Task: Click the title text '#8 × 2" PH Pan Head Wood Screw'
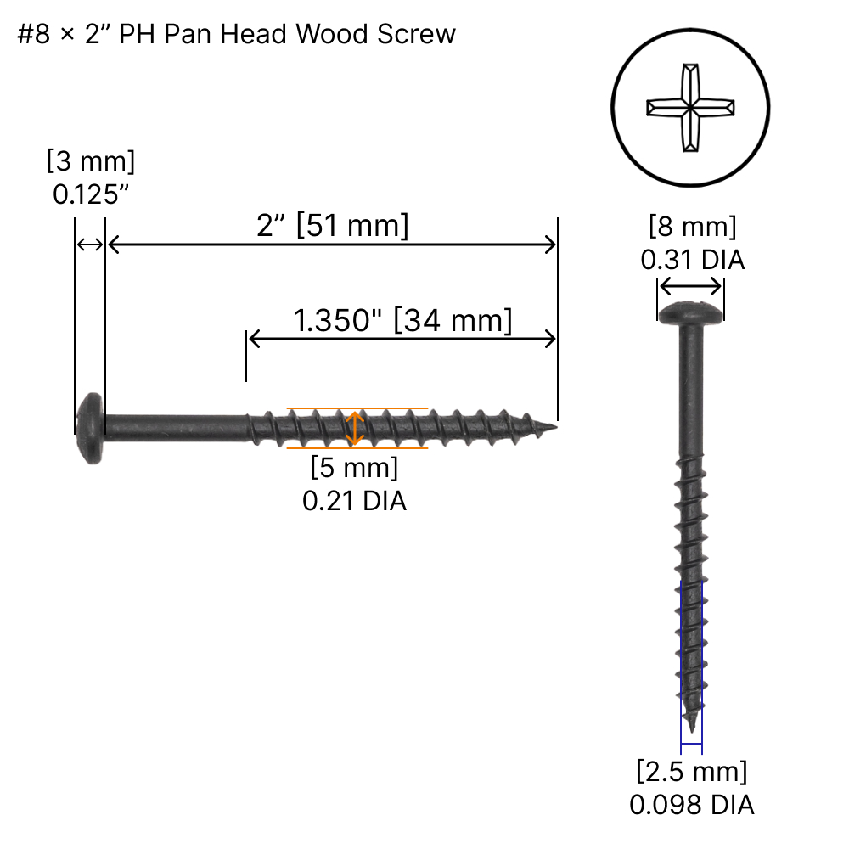click(x=237, y=34)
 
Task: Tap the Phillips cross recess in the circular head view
click(x=691, y=108)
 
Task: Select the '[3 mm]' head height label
click(x=91, y=160)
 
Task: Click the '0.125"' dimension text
click(x=91, y=194)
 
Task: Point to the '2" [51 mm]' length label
click(x=332, y=226)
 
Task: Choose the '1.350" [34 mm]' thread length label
click(x=402, y=321)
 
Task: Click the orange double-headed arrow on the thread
click(x=356, y=428)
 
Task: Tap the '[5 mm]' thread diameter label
click(x=354, y=467)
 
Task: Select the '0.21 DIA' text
click(x=354, y=501)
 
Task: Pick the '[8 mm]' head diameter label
click(x=692, y=227)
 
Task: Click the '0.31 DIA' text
click(x=692, y=260)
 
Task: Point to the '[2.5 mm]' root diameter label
click(x=692, y=772)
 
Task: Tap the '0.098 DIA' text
click(x=692, y=804)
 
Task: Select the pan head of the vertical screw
click(x=691, y=312)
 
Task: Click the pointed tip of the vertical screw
click(x=693, y=726)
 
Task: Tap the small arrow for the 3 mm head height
click(x=89, y=245)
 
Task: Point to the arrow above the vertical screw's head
click(x=691, y=286)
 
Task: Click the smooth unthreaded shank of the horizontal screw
click(x=174, y=422)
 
